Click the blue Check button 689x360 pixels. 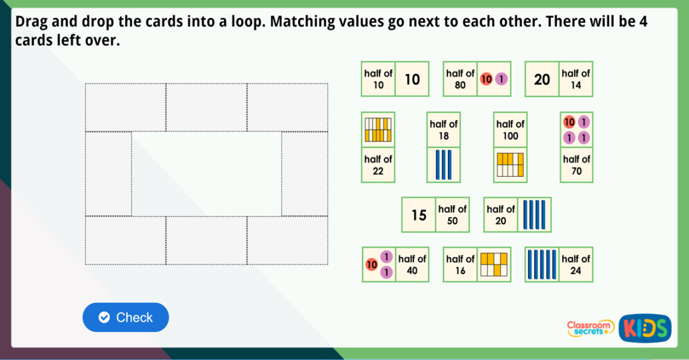126,317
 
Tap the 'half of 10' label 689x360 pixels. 378,79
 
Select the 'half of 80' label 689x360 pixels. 460,79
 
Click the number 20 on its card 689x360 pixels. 542,79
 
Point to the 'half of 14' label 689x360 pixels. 575,79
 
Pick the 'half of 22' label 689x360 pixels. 378,165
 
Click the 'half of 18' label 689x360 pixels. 443,130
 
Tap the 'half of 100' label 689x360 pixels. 510,130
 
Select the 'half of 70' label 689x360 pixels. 576,165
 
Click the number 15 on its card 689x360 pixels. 419,215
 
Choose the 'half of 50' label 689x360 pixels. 452,214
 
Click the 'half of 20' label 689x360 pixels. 501,214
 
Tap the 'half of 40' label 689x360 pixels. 412,264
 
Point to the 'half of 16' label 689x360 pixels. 460,264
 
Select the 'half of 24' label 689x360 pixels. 575,264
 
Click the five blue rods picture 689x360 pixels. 542,264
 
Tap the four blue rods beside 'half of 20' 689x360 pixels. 534,214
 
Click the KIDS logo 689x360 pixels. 644,328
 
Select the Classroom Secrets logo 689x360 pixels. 590,328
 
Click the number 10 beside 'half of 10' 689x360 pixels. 412,79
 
